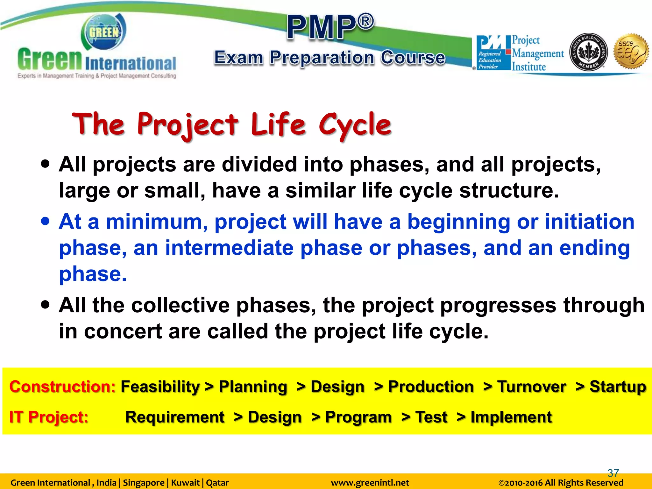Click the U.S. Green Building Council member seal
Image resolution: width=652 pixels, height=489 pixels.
coord(588,52)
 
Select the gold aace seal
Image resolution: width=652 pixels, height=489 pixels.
coord(631,51)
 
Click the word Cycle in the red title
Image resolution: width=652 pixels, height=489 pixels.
coord(355,125)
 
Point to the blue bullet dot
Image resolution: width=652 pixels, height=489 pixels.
coord(46,221)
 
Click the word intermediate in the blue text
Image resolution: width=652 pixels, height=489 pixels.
coord(229,248)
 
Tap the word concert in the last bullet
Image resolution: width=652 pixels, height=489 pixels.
coord(123,331)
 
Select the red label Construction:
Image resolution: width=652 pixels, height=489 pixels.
coord(62,387)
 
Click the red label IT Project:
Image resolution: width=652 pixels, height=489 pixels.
coord(49,417)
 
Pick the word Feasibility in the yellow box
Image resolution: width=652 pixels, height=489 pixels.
coord(160,387)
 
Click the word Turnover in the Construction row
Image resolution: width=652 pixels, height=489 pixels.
coord(531,387)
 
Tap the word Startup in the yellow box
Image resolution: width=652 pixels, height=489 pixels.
coord(618,387)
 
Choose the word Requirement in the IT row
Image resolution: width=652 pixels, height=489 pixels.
coord(175,417)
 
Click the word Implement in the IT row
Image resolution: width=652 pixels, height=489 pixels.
coord(511,417)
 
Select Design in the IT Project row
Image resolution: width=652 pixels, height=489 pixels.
coord(274,417)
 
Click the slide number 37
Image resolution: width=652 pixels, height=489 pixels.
coord(613,473)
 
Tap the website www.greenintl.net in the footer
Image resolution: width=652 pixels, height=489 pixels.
coord(370,483)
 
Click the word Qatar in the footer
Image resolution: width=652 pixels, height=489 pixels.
coord(217,483)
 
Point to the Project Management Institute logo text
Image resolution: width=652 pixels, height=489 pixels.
coord(537,53)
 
